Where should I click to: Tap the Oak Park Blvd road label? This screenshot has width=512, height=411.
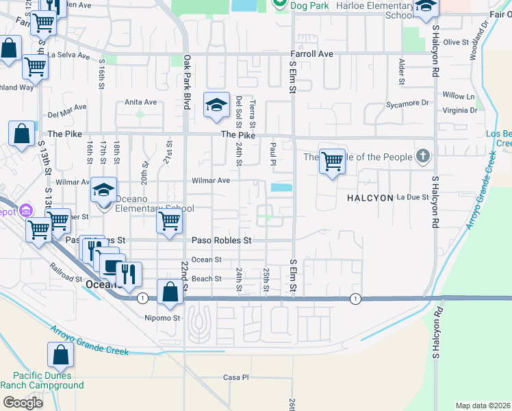(186, 82)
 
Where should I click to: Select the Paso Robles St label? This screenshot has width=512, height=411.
(221, 240)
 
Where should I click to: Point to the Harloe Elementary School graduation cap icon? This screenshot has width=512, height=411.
(425, 8)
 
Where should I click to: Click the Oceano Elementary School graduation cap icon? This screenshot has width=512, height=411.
(104, 190)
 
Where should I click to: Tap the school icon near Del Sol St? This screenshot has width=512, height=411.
(216, 105)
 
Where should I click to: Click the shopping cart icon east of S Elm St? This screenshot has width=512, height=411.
(332, 162)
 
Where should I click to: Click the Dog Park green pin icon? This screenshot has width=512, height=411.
(279, 3)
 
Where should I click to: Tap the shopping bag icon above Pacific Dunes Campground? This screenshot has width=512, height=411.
(60, 355)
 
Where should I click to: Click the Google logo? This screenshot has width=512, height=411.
(23, 402)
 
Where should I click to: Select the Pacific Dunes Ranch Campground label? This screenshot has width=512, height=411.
(42, 380)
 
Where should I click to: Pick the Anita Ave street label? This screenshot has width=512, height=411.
(140, 102)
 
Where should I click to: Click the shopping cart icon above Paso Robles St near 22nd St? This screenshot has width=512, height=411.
(168, 221)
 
